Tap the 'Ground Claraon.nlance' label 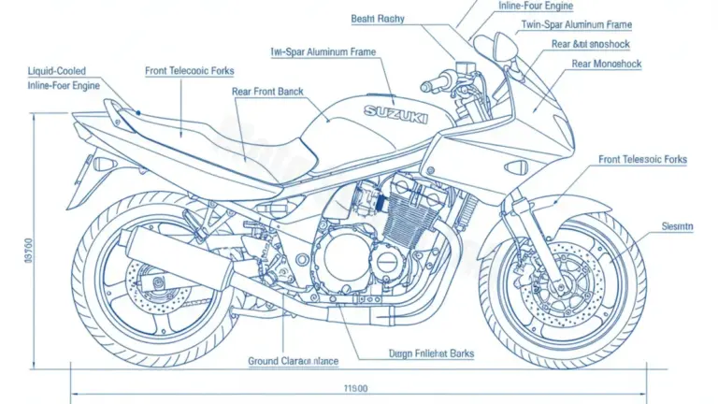click(293, 361)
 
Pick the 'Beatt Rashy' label click(378, 18)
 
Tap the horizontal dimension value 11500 click(355, 387)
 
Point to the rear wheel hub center click(152, 278)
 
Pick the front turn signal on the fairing click(515, 166)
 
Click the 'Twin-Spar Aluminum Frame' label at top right click(576, 24)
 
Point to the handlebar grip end click(427, 86)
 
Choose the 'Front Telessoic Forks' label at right click(642, 160)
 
